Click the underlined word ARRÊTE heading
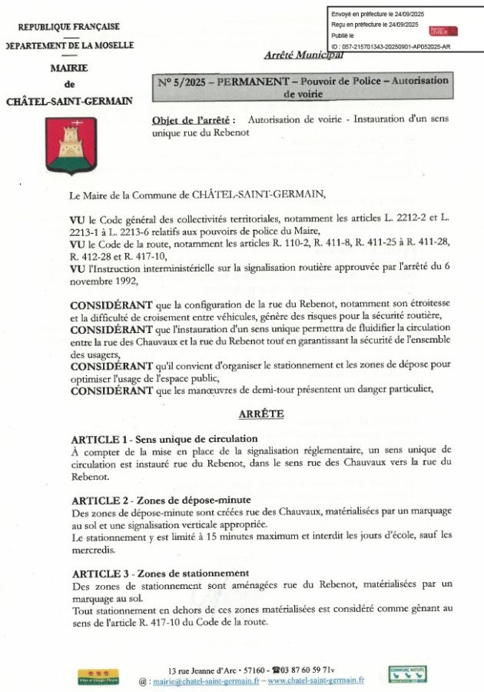261,414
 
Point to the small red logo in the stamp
443,31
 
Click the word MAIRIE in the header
69,68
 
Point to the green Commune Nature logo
407,674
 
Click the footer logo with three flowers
98,676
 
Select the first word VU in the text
77,219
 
